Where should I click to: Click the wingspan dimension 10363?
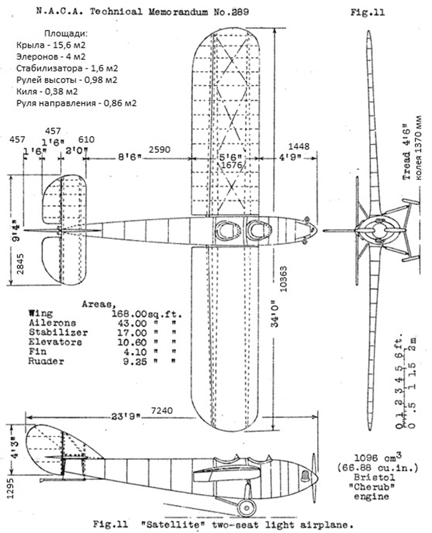[283, 283]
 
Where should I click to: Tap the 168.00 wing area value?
[144, 314]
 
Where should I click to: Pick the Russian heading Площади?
[65, 34]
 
